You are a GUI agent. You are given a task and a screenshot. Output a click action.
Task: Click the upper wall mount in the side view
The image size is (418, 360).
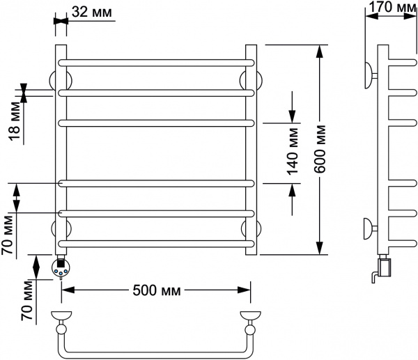(369, 72)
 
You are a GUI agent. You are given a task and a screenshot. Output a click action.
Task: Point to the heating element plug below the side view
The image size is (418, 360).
(382, 267)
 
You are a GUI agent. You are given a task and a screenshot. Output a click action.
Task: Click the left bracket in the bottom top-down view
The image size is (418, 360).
(61, 319)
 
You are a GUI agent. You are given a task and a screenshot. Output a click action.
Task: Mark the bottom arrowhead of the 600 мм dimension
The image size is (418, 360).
(320, 249)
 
